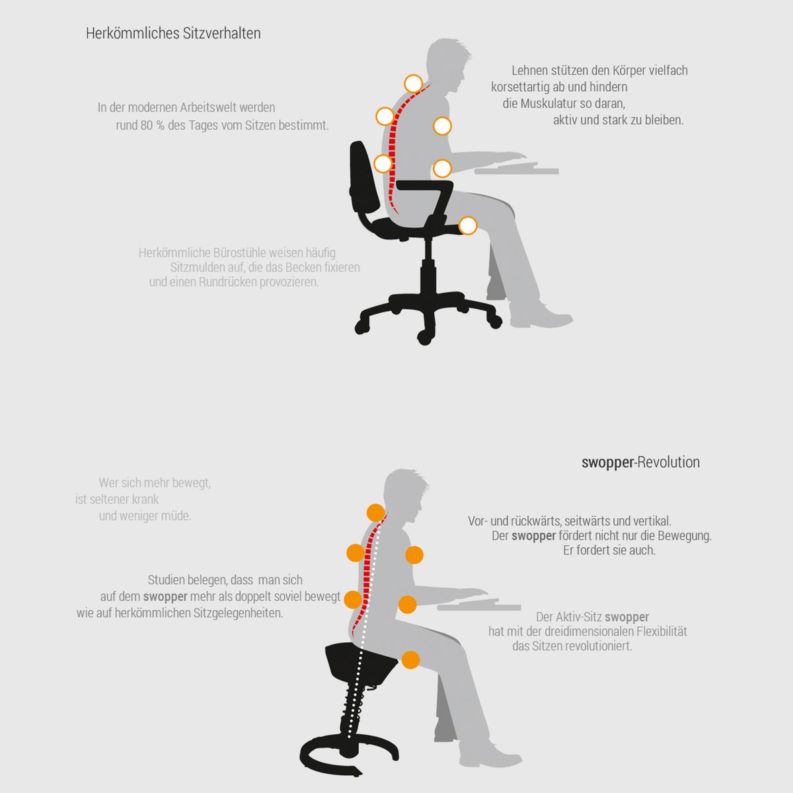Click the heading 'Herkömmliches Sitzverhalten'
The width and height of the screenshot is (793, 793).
173,33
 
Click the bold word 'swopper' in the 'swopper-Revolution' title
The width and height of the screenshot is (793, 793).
607,463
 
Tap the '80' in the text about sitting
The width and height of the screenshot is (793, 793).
147,125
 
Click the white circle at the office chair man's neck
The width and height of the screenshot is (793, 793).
413,84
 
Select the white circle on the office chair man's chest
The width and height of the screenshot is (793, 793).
442,126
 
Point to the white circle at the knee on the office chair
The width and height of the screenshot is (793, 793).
467,225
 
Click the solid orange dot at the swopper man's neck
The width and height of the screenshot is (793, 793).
376,513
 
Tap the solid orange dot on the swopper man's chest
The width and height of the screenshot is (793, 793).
414,555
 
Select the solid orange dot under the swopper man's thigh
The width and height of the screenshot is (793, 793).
410,660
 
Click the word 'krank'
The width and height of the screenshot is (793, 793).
145,499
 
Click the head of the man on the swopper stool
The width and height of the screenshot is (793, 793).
404,492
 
